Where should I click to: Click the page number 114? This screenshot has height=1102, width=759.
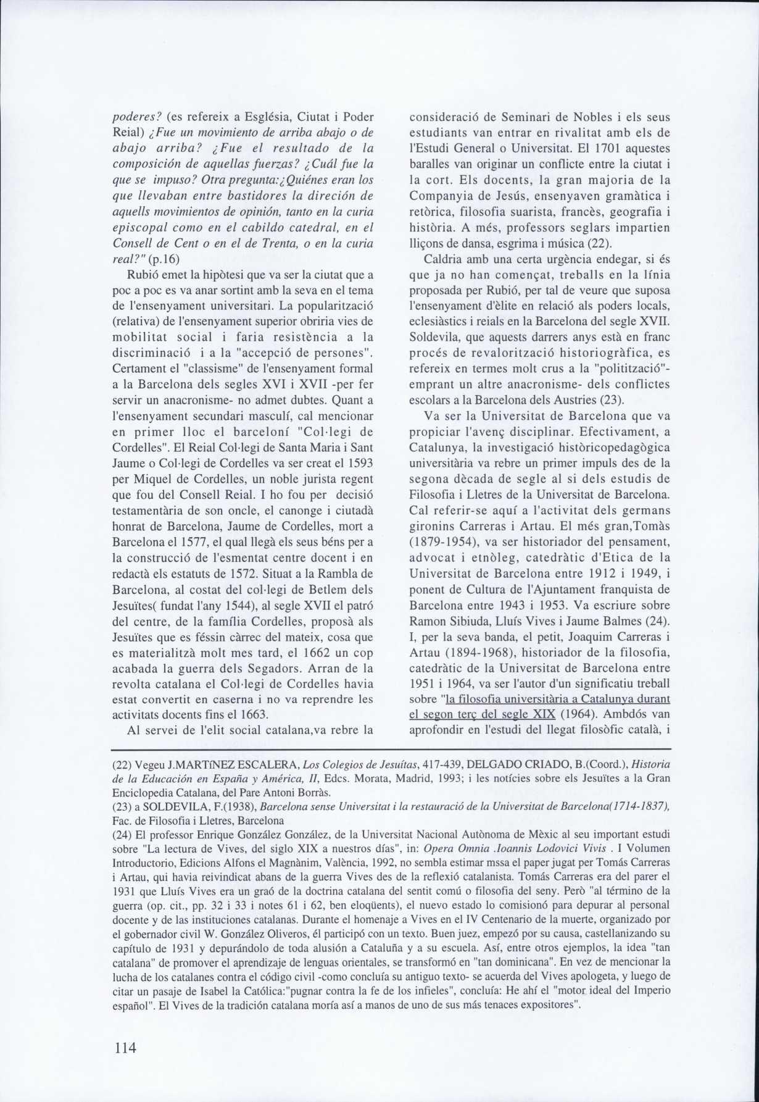tap(124, 1047)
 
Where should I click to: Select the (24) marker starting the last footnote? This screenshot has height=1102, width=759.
tap(122, 835)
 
